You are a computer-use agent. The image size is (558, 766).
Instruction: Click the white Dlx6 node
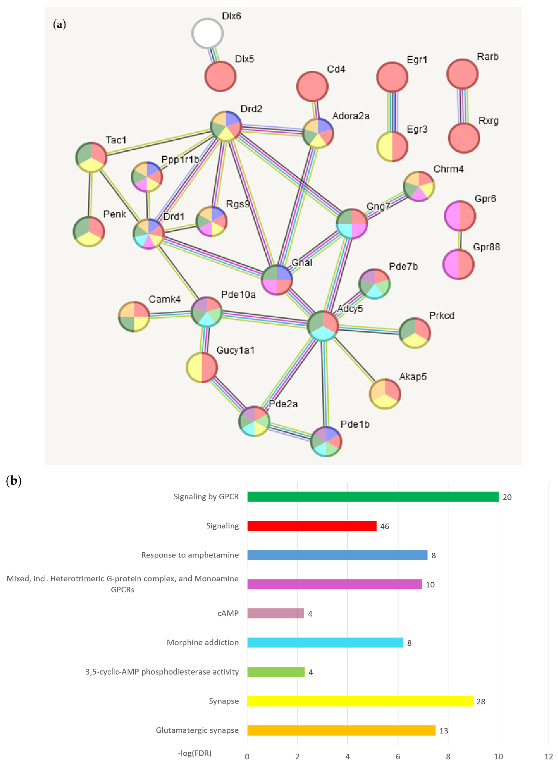[x=207, y=33]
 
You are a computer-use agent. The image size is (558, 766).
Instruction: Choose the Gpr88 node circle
[x=458, y=264]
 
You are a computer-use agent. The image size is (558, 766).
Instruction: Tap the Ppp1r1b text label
[x=180, y=160]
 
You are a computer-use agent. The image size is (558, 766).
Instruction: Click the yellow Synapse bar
[x=360, y=701]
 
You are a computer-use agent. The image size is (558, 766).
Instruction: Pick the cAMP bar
[x=276, y=613]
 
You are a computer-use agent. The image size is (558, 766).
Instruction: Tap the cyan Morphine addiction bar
[x=325, y=642]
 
